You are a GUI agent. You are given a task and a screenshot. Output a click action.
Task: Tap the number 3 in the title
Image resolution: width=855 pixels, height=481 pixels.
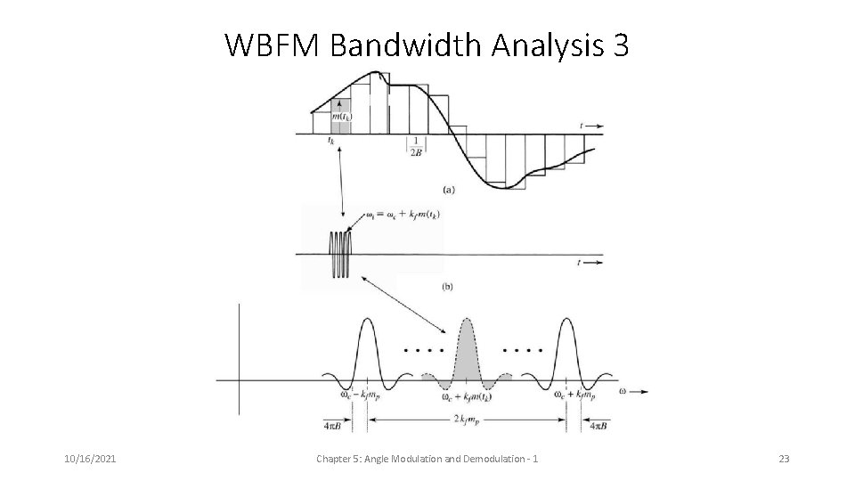(x=621, y=45)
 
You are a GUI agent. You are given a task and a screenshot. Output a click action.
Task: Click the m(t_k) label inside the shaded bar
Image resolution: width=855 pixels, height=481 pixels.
(x=341, y=117)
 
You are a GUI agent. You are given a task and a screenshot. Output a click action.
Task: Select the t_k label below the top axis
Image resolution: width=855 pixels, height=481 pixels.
(x=331, y=140)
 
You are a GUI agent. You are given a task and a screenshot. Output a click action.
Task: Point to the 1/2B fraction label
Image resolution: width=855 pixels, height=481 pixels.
(x=417, y=146)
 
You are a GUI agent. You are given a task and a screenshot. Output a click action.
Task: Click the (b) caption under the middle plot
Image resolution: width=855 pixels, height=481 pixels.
(x=450, y=287)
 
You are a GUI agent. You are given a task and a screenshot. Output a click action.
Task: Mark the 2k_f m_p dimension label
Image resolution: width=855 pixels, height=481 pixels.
(x=468, y=417)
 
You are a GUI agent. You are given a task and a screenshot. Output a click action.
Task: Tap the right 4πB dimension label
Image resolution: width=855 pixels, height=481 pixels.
(x=598, y=426)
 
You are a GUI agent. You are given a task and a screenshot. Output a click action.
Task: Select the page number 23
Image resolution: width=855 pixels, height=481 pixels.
(x=784, y=458)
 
